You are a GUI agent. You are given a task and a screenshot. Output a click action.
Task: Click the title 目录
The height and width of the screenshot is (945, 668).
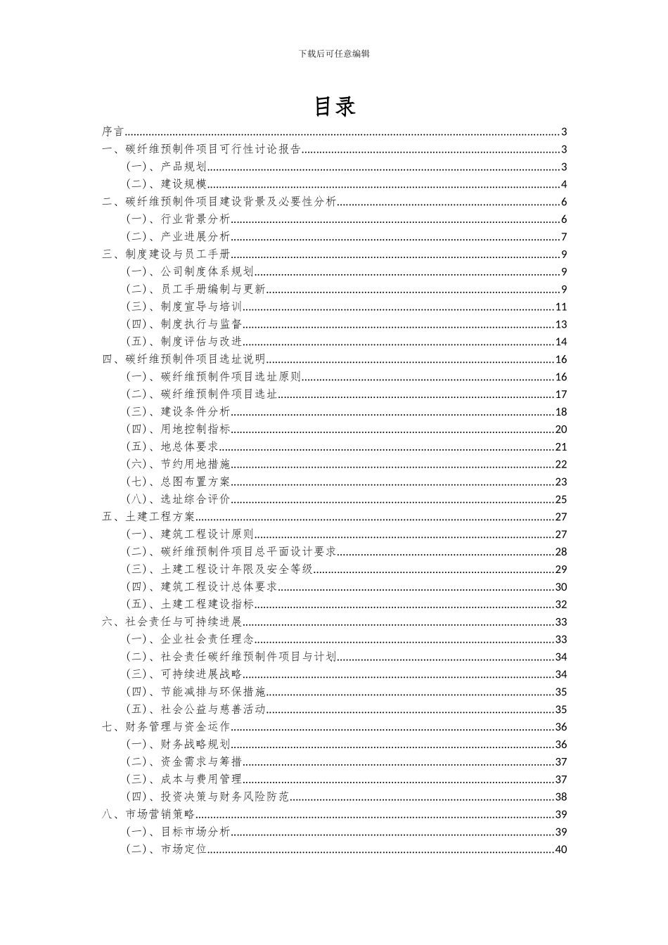click(334, 106)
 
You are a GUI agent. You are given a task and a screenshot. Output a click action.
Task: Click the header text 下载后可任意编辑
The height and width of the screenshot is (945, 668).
click(334, 53)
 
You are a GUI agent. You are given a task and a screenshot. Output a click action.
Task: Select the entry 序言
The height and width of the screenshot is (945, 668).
click(113, 131)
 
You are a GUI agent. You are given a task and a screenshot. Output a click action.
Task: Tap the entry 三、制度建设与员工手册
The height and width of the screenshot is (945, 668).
click(166, 255)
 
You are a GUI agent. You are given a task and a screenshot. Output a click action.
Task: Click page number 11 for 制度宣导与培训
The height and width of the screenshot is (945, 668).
click(561, 307)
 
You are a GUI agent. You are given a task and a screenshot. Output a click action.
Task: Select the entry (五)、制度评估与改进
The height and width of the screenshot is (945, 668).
click(184, 342)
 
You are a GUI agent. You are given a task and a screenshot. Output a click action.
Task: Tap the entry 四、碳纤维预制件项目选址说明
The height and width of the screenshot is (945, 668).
click(184, 359)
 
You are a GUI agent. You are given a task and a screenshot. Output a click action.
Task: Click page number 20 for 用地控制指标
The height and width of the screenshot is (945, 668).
click(561, 430)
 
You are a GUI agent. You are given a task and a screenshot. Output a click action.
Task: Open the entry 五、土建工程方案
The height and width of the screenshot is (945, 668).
click(148, 517)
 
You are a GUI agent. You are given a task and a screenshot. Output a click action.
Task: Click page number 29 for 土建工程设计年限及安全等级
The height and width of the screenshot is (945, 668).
click(561, 570)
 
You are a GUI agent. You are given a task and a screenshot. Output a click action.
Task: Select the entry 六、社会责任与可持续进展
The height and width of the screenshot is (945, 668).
click(172, 622)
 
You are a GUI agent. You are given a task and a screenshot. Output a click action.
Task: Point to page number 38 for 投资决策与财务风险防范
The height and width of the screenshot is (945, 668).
click(561, 797)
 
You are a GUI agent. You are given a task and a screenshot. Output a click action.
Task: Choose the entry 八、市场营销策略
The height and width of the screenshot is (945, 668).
click(148, 814)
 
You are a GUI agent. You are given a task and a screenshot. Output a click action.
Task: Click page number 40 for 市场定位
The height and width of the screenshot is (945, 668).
click(561, 849)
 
